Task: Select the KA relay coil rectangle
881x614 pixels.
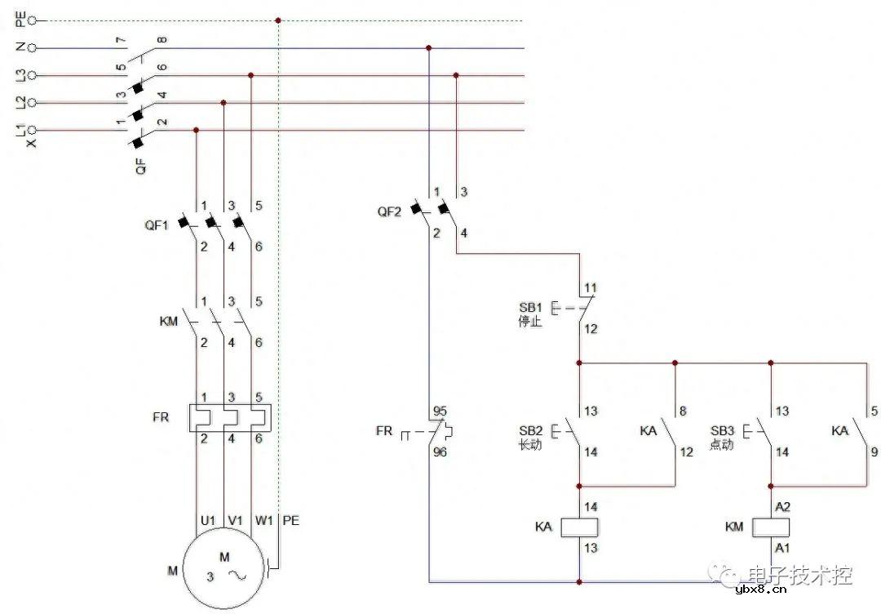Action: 579,527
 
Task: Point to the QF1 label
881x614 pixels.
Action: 157,225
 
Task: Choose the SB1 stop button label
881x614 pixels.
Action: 530,307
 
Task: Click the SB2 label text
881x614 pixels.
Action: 530,429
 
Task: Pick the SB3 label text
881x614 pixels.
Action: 722,429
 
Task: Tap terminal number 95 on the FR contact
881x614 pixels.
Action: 440,411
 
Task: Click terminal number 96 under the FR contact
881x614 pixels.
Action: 440,451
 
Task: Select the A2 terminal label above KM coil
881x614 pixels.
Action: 782,506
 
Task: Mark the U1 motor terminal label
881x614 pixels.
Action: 207,519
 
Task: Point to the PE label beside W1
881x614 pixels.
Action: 290,519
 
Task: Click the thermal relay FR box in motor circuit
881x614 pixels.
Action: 228,417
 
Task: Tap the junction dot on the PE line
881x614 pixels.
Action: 279,20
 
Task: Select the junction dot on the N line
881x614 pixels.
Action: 428,48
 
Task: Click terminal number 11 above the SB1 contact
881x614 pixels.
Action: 591,288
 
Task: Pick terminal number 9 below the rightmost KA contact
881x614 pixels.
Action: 874,451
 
